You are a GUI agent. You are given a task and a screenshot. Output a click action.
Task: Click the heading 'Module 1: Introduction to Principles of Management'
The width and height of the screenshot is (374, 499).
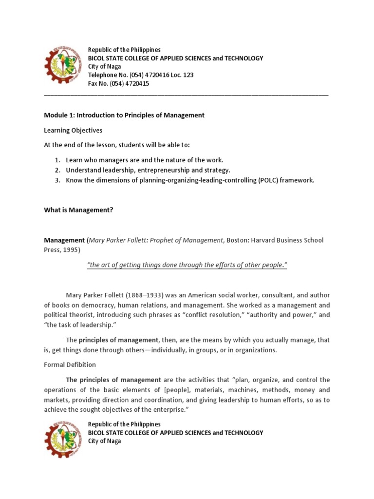[x=124, y=115]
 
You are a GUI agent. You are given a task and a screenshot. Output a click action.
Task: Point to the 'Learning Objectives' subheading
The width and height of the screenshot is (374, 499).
[x=73, y=130]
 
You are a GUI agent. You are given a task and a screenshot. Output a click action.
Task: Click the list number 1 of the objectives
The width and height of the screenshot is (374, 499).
[x=56, y=160]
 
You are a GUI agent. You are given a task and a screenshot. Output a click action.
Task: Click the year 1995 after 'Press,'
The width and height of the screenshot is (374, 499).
[x=70, y=249]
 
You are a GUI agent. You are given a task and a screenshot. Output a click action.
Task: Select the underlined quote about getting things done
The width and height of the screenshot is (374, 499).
[x=187, y=265]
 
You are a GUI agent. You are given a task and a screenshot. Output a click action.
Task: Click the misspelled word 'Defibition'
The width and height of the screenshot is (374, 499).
[x=81, y=364]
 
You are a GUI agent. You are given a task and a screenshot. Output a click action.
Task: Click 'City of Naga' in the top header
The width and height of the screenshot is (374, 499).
[x=104, y=67]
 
